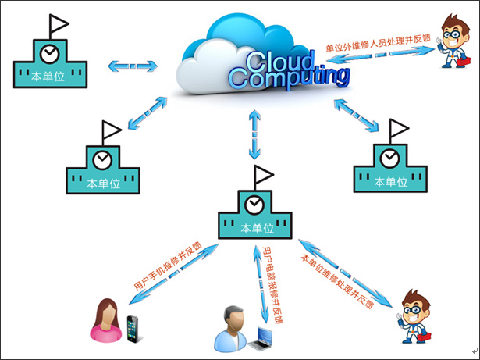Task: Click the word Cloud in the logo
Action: pos(279,62)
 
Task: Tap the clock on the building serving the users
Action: pos(254,204)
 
